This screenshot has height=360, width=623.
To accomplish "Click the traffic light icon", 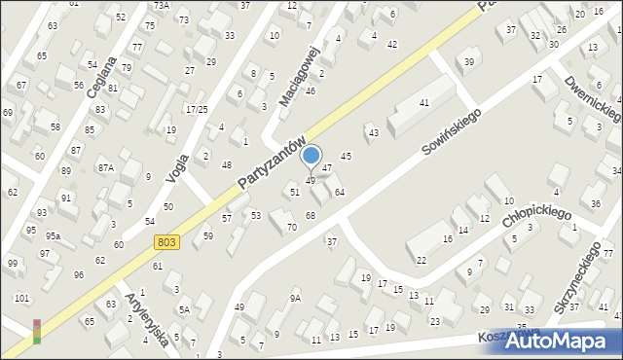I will tap(37, 331).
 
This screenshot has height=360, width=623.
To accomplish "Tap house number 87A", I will tap(104, 167).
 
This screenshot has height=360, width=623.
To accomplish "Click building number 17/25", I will tap(198, 108).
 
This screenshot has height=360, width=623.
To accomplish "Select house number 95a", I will tap(54, 235).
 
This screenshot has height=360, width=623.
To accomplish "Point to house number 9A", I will tap(295, 298).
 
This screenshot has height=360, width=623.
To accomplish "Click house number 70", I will tap(291, 228).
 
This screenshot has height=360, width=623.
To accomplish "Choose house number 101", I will tap(21, 297).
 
